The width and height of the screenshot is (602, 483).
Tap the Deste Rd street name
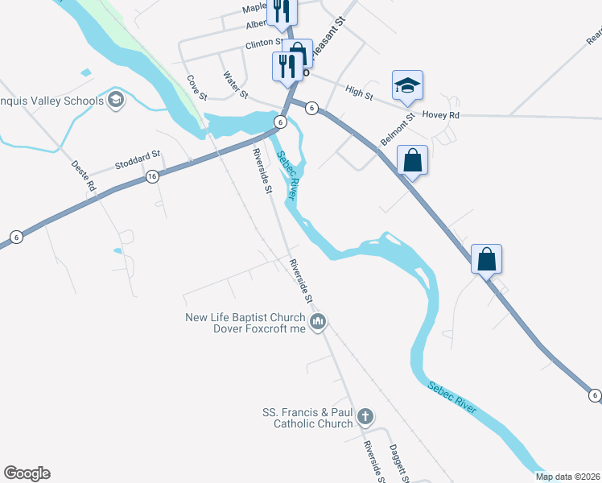coord(85,174)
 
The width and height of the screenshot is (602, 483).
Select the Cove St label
coord(197,88)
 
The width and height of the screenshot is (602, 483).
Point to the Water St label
coord(235,85)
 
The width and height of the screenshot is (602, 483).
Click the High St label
coord(358,93)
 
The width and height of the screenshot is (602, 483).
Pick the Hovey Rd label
coord(440,116)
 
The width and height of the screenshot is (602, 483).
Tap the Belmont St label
coord(398,129)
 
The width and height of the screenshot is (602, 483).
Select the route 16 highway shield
coord(151,175)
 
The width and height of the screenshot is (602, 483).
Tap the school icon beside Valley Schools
coord(115,100)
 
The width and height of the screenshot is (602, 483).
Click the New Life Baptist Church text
coord(245,317)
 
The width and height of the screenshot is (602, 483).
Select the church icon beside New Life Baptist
coord(318,323)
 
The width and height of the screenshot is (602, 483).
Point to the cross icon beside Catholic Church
coord(365,416)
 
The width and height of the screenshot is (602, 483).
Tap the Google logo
coord(27,473)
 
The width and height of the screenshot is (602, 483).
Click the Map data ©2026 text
coord(567,477)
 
